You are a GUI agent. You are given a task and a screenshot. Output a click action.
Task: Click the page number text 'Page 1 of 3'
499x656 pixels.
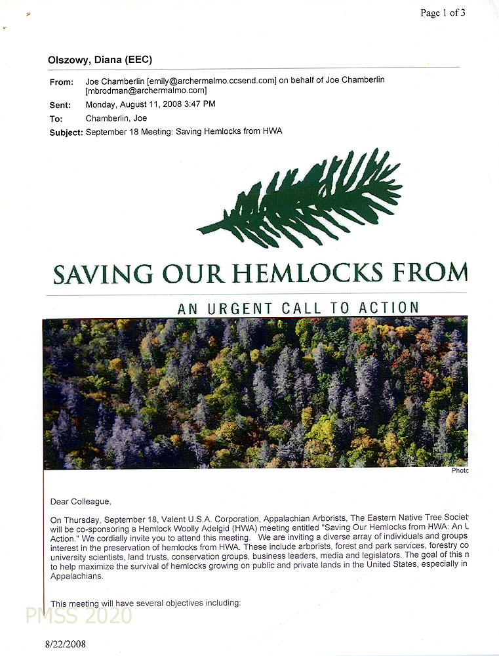(443, 12)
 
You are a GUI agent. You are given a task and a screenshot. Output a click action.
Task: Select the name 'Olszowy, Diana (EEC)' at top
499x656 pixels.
(100, 60)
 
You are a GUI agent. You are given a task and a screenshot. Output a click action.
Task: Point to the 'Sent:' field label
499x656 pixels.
(60, 105)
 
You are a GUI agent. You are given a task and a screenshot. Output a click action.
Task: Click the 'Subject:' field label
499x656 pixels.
(66, 133)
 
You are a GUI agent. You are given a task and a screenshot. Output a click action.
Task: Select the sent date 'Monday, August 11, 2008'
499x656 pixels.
(136, 104)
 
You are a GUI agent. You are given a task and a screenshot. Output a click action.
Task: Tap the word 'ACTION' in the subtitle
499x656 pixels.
(388, 308)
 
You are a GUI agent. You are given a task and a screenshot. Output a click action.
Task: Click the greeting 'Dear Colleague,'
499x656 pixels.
(81, 502)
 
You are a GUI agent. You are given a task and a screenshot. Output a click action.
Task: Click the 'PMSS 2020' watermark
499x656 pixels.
(79, 615)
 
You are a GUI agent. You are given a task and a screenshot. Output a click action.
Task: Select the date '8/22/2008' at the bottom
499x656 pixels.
(66, 644)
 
